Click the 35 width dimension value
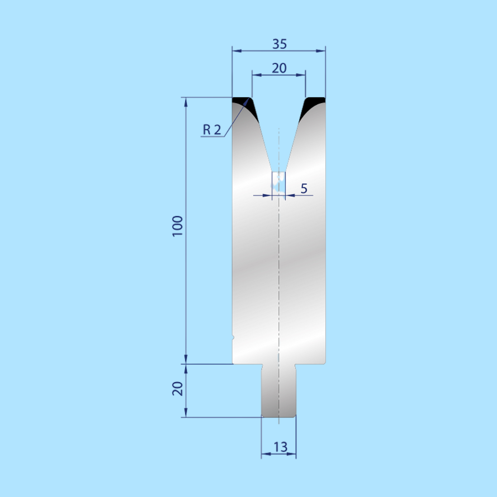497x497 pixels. pyautogui.click(x=279, y=44)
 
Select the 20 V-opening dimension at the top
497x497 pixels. pyautogui.click(x=279, y=68)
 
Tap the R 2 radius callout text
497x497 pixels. pyautogui.click(x=212, y=130)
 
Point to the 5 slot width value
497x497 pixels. pyautogui.click(x=304, y=188)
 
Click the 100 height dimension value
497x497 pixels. pyautogui.click(x=178, y=226)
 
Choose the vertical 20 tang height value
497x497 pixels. pyautogui.click(x=178, y=389)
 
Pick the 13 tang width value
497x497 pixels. pyautogui.click(x=280, y=447)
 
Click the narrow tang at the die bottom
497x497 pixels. pyautogui.click(x=279, y=391)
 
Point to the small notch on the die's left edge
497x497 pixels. pyautogui.click(x=233, y=337)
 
